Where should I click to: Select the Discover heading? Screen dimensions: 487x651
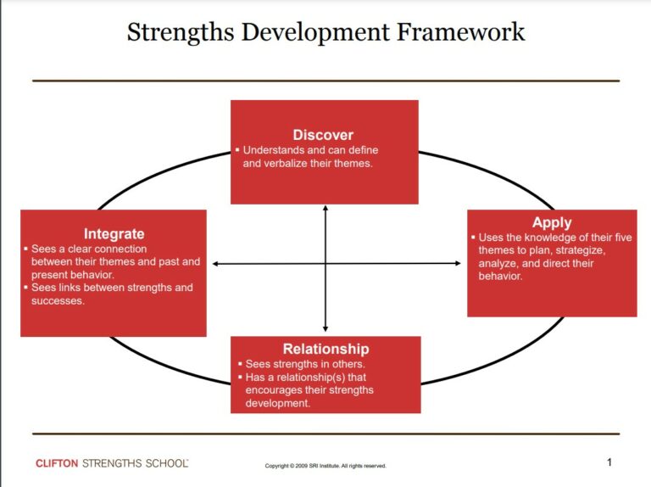[323, 135]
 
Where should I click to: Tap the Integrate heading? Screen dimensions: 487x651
[114, 233]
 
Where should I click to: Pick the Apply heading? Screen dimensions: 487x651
[552, 223]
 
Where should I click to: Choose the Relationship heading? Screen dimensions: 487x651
[325, 349]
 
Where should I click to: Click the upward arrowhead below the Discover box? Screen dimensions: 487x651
[325, 209]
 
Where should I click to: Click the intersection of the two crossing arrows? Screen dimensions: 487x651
[325, 264]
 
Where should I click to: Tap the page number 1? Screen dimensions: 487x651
[609, 462]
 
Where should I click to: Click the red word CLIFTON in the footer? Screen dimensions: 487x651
[57, 463]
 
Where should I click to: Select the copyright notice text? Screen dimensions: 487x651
[325, 466]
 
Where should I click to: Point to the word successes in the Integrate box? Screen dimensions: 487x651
[58, 301]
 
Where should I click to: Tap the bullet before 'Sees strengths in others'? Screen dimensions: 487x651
[238, 364]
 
